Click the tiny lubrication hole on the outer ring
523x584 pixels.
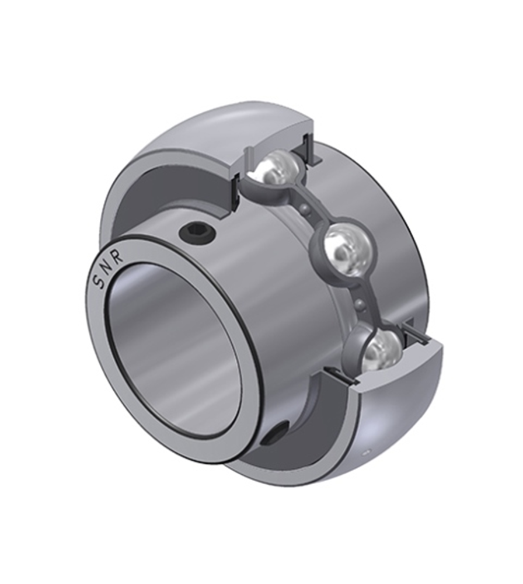pos(366,452)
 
